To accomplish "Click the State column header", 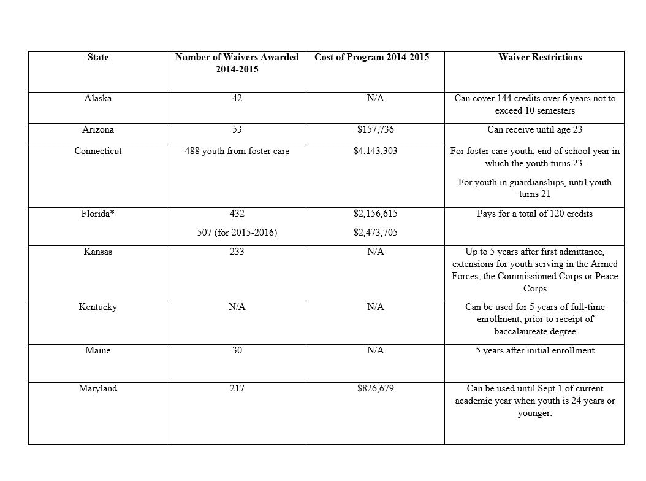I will click(98, 57).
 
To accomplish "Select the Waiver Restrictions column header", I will click(540, 57).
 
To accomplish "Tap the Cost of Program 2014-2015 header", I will click(372, 57).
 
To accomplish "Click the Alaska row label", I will click(98, 98).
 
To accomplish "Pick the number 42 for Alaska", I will click(237, 98).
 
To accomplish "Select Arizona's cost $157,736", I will click(375, 129).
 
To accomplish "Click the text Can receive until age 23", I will click(534, 129).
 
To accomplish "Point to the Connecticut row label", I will click(98, 150).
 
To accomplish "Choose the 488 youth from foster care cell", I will click(237, 150).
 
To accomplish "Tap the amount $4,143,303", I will click(375, 150).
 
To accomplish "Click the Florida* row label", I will click(98, 214).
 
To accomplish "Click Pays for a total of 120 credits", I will click(534, 214).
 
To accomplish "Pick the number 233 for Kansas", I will click(237, 251).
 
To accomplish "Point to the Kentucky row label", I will click(98, 307).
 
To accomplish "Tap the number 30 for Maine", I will click(237, 350).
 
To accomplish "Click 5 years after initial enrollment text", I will click(534, 350).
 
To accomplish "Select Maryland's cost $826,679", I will click(375, 388).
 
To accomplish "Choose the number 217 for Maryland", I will click(237, 388).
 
